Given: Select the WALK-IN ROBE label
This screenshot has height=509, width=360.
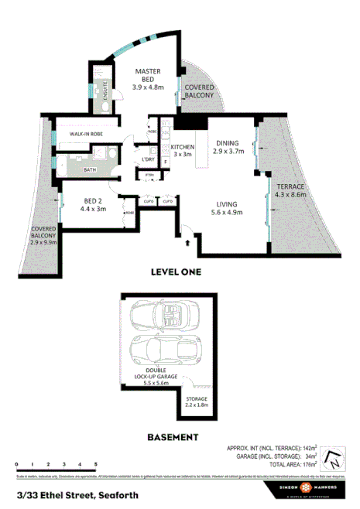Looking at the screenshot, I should [86, 134].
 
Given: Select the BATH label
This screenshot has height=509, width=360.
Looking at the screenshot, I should [90, 169].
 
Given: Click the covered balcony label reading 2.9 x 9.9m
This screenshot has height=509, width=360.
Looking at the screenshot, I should [43, 237].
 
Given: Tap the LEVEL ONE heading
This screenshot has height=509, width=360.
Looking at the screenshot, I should [175, 272].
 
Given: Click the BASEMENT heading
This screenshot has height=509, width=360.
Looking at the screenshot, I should [173, 437].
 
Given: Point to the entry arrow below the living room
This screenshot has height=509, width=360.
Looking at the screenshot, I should [187, 242].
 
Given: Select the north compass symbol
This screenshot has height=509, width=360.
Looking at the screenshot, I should [332, 459].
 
